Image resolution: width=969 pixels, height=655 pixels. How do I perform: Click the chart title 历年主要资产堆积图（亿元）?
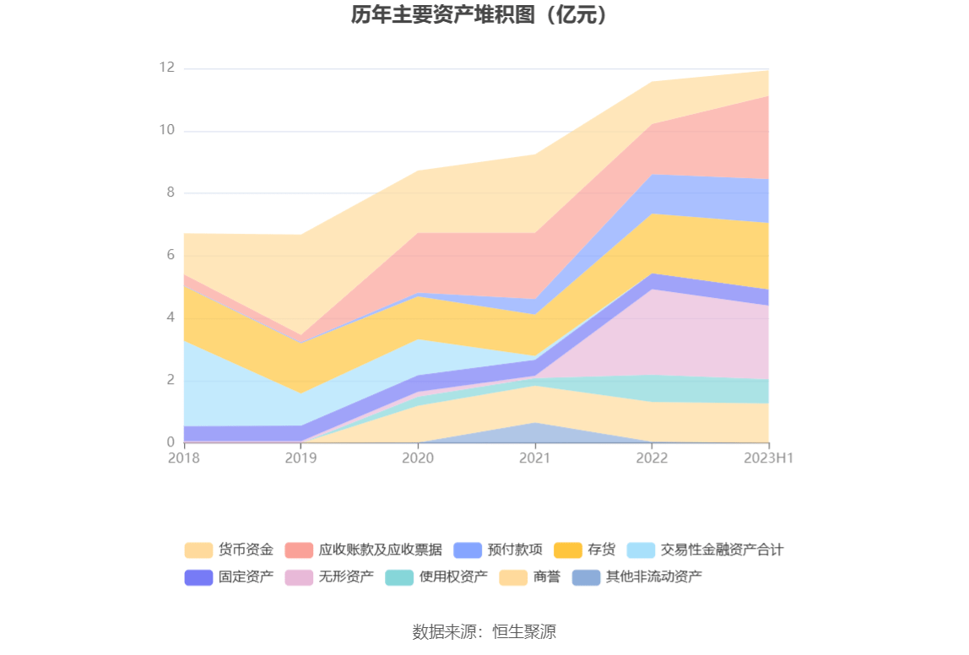483,15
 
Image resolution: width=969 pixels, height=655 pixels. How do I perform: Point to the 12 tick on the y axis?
166,68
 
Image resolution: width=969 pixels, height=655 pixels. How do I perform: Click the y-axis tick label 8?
170,192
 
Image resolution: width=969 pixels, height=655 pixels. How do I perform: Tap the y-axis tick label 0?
170,441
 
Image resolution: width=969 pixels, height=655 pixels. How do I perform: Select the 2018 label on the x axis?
184,457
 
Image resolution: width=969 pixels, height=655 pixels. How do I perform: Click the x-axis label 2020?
418,457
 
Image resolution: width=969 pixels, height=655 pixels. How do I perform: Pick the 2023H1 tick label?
769,457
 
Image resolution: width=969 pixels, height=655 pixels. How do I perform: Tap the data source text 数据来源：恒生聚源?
484,631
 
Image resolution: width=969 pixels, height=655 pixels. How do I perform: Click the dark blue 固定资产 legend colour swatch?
198,577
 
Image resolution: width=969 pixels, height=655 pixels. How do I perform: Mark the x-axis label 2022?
652,457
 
